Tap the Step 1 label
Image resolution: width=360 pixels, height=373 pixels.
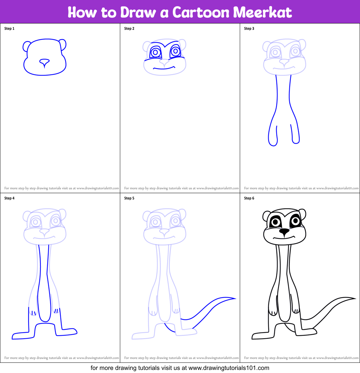9,29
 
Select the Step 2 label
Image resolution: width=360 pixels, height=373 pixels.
129,29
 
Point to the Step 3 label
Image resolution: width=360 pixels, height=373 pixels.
249,29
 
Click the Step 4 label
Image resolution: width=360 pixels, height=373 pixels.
9,198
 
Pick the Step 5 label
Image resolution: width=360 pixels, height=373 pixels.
129,198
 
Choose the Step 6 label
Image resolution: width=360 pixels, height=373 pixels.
249,198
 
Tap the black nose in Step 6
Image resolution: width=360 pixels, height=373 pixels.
284,232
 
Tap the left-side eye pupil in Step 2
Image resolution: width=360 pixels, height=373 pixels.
156,52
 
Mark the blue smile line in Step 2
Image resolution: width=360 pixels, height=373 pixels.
164,68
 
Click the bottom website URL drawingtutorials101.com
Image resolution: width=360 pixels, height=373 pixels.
229,368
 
